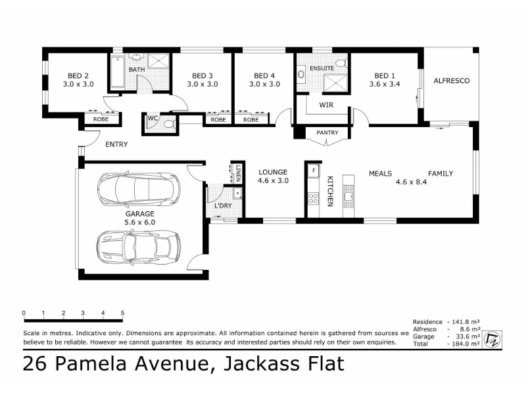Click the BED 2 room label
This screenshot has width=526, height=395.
click(x=78, y=76)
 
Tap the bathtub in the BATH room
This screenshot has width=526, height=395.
click(x=118, y=72)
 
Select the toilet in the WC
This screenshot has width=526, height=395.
click(x=170, y=124)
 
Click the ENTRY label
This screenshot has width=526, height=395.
click(x=116, y=144)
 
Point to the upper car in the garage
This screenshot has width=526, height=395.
click(x=139, y=189)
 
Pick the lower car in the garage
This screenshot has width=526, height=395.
click(x=139, y=247)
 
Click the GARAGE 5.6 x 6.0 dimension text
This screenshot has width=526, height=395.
click(x=140, y=222)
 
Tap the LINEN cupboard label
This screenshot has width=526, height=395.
click(x=238, y=173)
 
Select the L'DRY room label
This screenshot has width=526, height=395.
click(x=223, y=205)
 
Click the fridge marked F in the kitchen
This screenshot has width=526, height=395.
click(x=314, y=171)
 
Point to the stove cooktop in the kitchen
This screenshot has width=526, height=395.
click(x=314, y=198)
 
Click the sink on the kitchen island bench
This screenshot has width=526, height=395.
click(x=348, y=196)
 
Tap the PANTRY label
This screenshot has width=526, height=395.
click(x=327, y=133)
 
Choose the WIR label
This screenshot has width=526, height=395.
click(x=326, y=105)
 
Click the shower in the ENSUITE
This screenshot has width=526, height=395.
click(x=335, y=83)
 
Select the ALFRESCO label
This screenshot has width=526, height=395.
click(x=452, y=80)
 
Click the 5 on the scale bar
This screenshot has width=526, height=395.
click(x=122, y=313)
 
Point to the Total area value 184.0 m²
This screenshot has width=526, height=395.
click(x=466, y=344)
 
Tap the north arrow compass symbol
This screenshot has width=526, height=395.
click(x=492, y=339)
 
